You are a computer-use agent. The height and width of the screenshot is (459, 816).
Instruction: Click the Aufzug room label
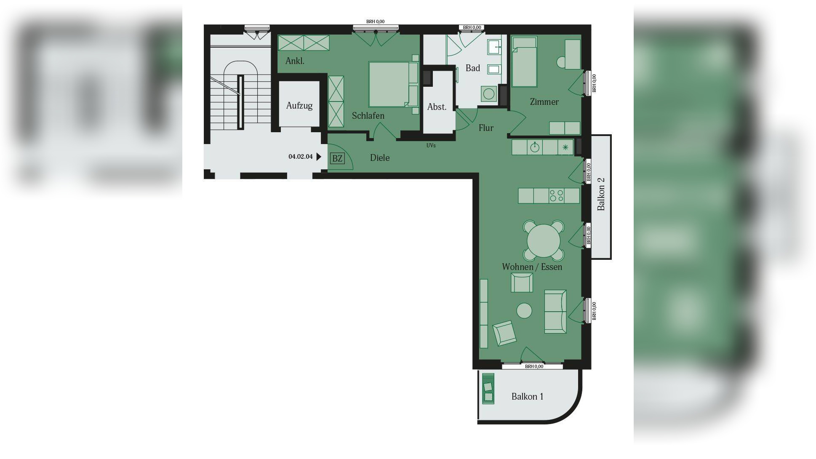pos(299,106)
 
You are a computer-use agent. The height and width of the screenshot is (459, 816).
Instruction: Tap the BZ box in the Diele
pos(337,159)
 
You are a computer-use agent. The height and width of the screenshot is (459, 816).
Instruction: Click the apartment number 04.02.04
pos(300,157)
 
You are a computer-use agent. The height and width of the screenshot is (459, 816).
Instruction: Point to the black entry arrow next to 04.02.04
pos(319,157)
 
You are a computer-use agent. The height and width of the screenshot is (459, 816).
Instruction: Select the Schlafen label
pos(368,116)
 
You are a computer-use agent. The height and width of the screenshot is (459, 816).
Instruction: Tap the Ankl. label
pos(295,61)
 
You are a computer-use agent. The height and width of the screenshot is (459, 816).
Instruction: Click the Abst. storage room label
pos(437,107)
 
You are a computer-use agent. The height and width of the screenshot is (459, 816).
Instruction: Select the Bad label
pos(473,68)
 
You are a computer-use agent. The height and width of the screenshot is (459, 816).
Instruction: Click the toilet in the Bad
pos(489,94)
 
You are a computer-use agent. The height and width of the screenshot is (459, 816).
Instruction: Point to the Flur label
pos(486,128)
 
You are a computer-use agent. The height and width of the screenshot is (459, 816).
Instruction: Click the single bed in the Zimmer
pos(524,62)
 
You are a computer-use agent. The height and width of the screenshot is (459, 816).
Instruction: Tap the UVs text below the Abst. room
pos(431,146)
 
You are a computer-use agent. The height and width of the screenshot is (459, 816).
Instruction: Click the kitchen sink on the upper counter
pos(535,147)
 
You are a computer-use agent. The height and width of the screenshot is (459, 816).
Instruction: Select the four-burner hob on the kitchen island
pos(557,196)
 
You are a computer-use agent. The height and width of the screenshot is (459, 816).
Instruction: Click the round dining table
pos(544,241)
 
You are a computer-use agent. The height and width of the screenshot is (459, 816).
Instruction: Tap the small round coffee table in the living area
pos(524,311)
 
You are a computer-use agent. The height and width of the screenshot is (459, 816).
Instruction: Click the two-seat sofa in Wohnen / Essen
pos(555,312)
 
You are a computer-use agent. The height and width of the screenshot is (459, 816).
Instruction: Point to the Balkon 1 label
pos(527,397)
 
